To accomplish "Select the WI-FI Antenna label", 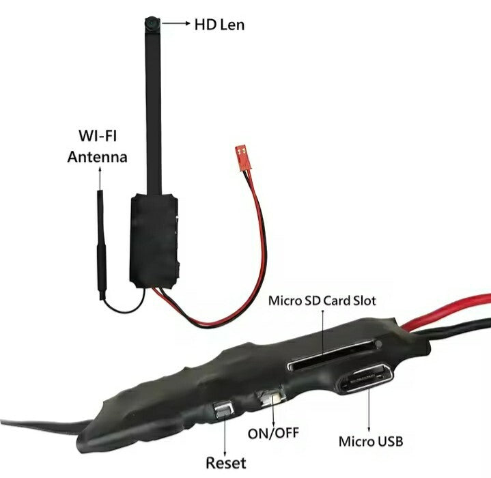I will (96, 146).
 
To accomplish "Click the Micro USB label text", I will (370, 442).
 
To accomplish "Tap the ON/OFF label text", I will (273, 433).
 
